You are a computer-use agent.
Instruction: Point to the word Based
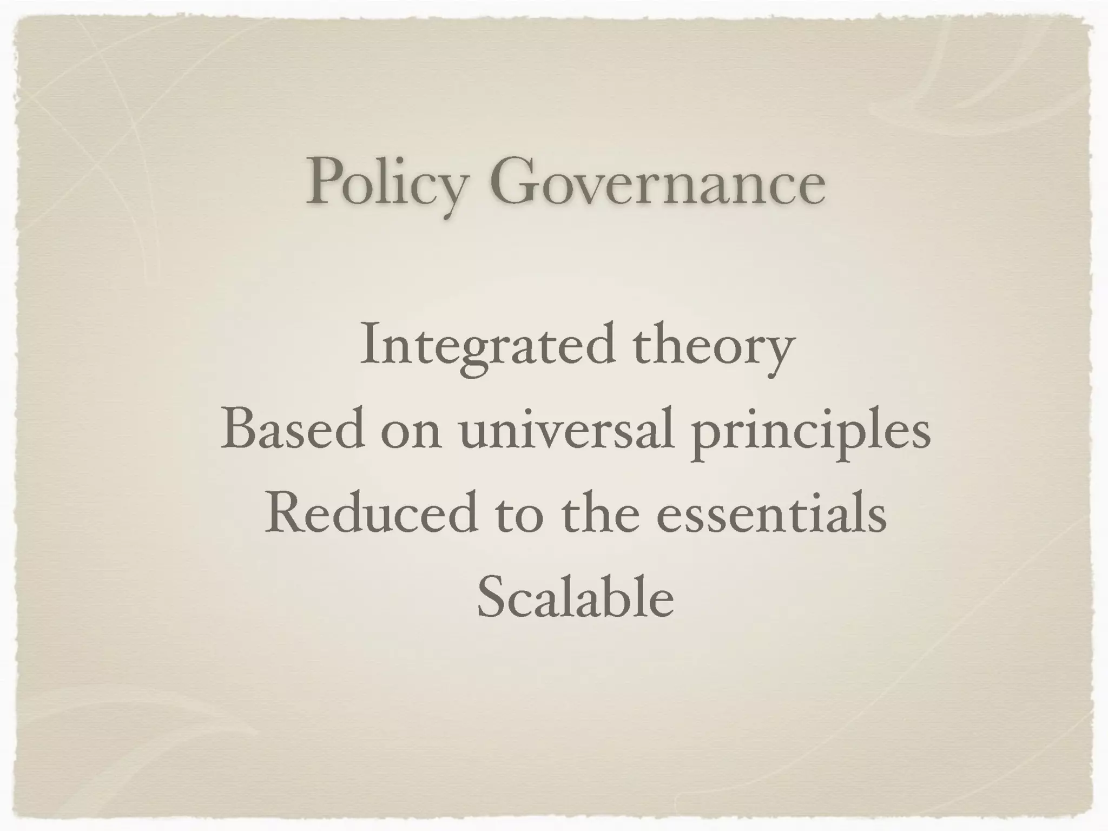[x=293, y=430]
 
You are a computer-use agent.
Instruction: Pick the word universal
[x=566, y=430]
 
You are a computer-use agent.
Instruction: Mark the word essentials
[x=771, y=514]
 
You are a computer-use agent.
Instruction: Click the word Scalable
[x=575, y=598]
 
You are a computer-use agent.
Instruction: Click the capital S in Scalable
[x=491, y=597]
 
